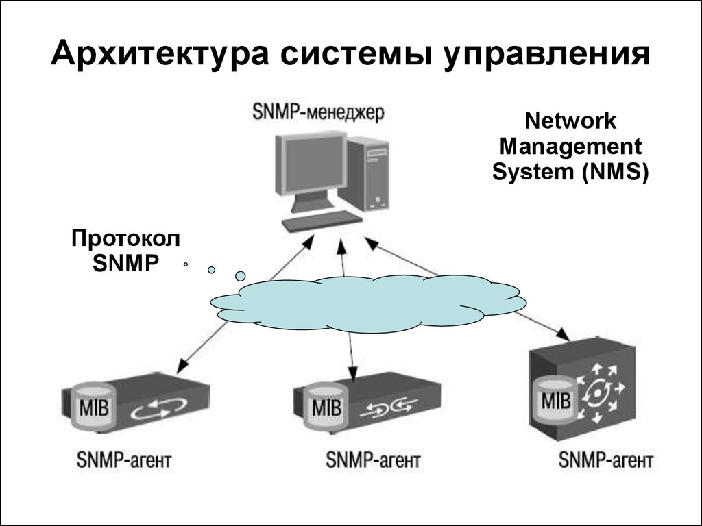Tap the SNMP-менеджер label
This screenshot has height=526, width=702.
tap(318, 111)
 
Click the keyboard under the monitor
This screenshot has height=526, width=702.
tap(322, 221)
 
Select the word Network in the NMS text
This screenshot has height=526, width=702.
tap(570, 123)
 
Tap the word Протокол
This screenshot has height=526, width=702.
tap(126, 240)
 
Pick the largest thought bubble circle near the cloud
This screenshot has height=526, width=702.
tap(241, 275)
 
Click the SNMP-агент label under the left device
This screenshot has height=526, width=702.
tap(123, 460)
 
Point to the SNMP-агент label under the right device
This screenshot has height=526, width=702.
tap(606, 458)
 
